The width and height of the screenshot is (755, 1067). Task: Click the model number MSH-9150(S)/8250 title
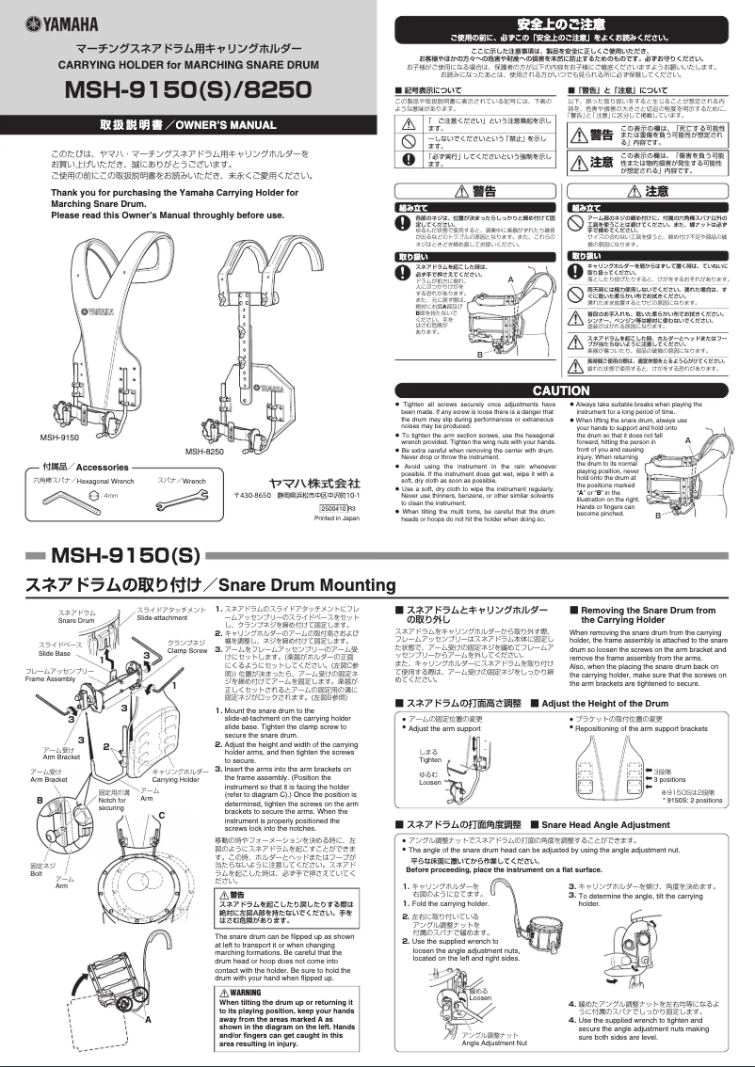coord(188,90)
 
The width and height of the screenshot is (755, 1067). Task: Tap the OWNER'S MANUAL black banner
coord(188,124)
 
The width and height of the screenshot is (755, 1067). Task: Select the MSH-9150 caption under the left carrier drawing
coord(59,438)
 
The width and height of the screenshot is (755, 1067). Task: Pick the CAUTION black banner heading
coord(561,390)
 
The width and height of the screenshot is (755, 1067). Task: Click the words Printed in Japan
coord(337,518)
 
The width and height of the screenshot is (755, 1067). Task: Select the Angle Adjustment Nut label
coord(495,1043)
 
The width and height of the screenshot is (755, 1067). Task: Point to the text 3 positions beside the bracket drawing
coord(670,779)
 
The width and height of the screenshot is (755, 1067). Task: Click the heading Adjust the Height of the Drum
coord(605,703)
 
